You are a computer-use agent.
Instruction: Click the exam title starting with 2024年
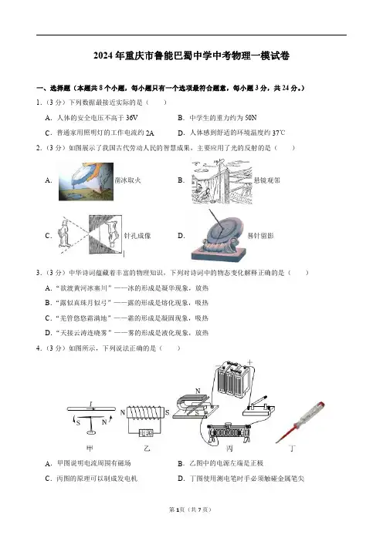191,55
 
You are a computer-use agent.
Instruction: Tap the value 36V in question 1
132,118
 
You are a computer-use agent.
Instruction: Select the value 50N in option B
251,118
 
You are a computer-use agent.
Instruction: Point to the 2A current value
150,133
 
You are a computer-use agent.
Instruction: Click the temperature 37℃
279,133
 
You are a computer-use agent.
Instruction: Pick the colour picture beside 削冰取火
86,181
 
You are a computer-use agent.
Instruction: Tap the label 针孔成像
137,236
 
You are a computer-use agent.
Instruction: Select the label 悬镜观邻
267,180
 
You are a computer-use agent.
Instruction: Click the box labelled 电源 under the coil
145,433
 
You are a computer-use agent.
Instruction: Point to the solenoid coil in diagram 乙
145,412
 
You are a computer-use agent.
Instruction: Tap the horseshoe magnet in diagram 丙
191,405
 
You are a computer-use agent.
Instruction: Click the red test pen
300,422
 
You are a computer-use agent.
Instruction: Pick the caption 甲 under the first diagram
90,449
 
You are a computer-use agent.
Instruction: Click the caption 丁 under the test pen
293,449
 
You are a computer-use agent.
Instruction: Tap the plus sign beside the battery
249,362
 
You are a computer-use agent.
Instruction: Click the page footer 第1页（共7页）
190,509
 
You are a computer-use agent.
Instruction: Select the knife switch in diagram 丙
259,406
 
